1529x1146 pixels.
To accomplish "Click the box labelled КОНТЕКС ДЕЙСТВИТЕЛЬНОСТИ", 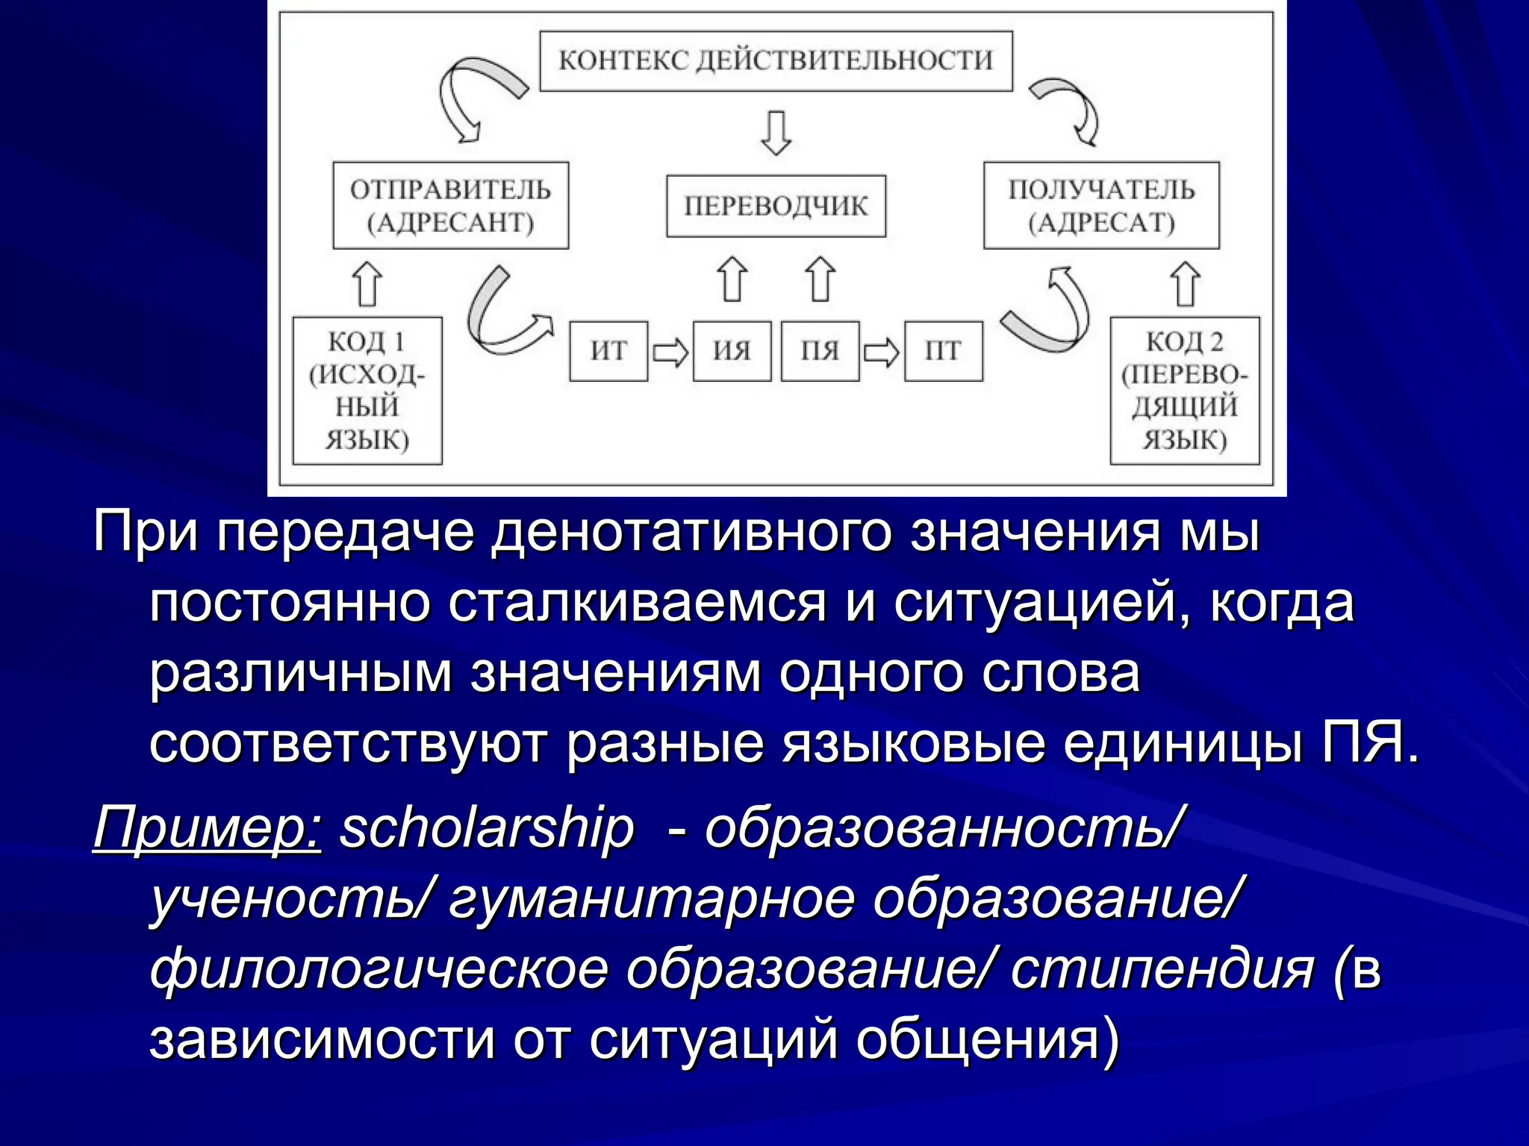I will pos(776,61).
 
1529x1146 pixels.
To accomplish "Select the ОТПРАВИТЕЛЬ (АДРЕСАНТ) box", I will pos(450,205).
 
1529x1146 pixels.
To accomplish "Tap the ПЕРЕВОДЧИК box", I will pos(776,206).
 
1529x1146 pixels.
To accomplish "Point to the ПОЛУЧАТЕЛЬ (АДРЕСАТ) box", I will pos(1100,205).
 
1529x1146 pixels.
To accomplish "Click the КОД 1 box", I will pos(367,390).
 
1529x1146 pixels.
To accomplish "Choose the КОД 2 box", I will pos(1184,390).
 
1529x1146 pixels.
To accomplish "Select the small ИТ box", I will pos(608,351).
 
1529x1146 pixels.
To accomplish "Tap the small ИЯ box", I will pos(732,351).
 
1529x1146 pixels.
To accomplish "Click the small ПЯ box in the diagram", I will pos(820,351).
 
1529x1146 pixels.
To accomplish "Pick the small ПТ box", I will pos(943,351).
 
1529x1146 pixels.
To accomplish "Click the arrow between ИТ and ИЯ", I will pos(670,352).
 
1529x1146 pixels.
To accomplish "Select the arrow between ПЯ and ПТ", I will pos(881,352).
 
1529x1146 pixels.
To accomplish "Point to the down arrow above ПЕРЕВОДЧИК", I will pos(776,133).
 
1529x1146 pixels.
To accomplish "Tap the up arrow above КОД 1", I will pos(367,284).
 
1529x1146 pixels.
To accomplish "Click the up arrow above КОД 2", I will pos(1185,284).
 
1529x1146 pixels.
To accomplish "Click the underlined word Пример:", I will pos(207,828).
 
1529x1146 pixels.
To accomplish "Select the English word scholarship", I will pos(487,828).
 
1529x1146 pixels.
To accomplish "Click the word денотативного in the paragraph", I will pos(691,533).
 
